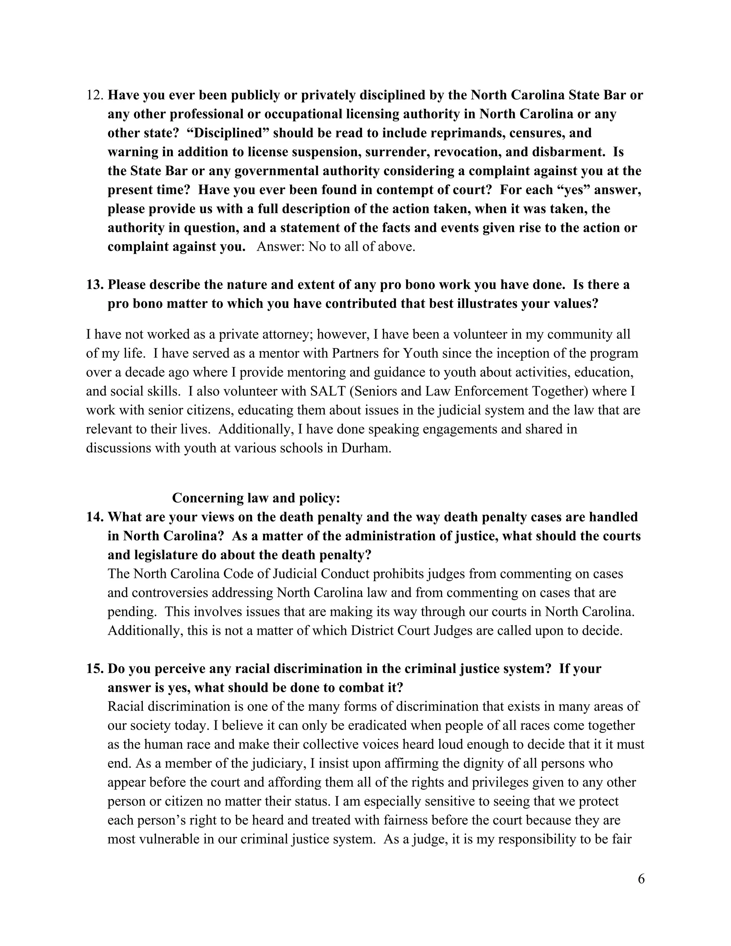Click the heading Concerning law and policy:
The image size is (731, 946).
pyautogui.click(x=256, y=498)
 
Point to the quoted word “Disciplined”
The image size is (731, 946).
pyautogui.click(x=228, y=133)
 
